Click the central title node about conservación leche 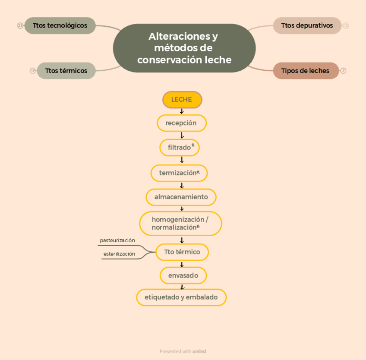point(184,48)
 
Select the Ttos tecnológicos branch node point(60,25)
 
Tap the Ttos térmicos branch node point(66,71)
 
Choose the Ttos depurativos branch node point(307,25)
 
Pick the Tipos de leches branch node point(306,71)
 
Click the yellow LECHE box point(182,100)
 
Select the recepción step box point(181,123)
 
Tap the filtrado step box point(180,147)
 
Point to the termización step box point(179,173)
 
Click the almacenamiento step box point(181,197)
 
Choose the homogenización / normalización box point(180,223)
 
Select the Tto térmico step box point(182,252)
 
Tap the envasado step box point(183,275)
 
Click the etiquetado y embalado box point(181,297)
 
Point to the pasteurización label point(117,241)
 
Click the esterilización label point(119,254)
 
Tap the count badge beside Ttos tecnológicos point(20,25)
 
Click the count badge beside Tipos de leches point(343,71)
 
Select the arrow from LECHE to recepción point(182,111)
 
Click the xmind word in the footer point(199,351)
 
